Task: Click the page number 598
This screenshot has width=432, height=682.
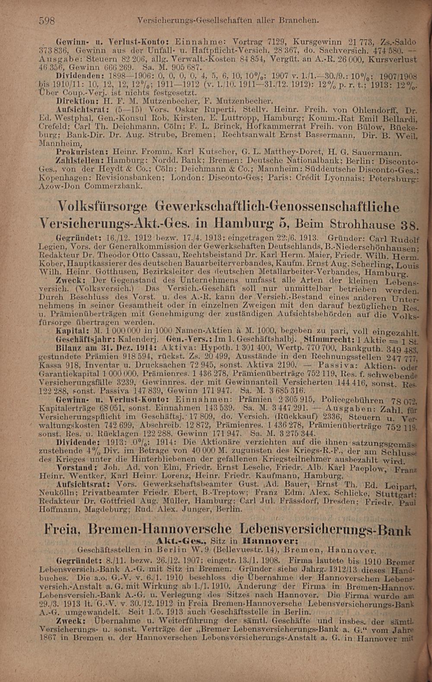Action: [46, 20]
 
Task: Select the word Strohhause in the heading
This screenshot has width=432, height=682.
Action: [363, 225]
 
